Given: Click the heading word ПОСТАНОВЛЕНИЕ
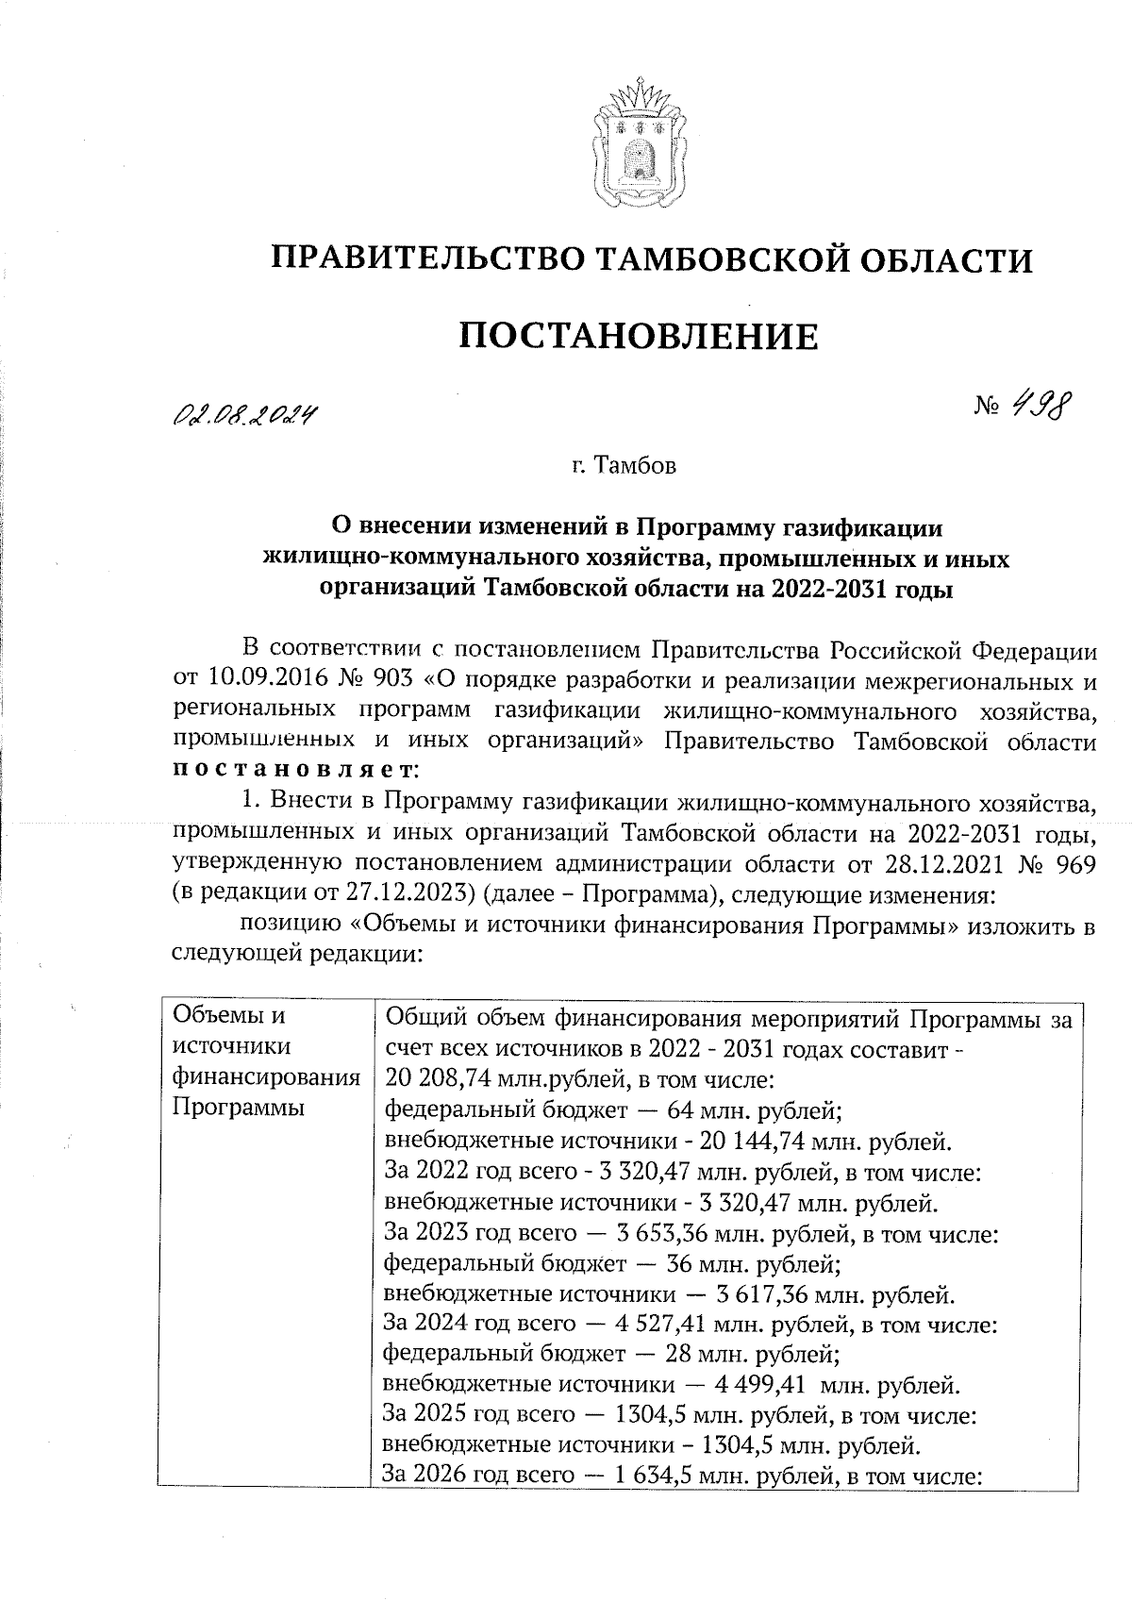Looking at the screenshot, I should tap(639, 337).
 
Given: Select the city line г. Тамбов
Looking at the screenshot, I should tap(624, 466).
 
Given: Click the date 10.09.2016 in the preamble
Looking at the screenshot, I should tap(261, 680).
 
